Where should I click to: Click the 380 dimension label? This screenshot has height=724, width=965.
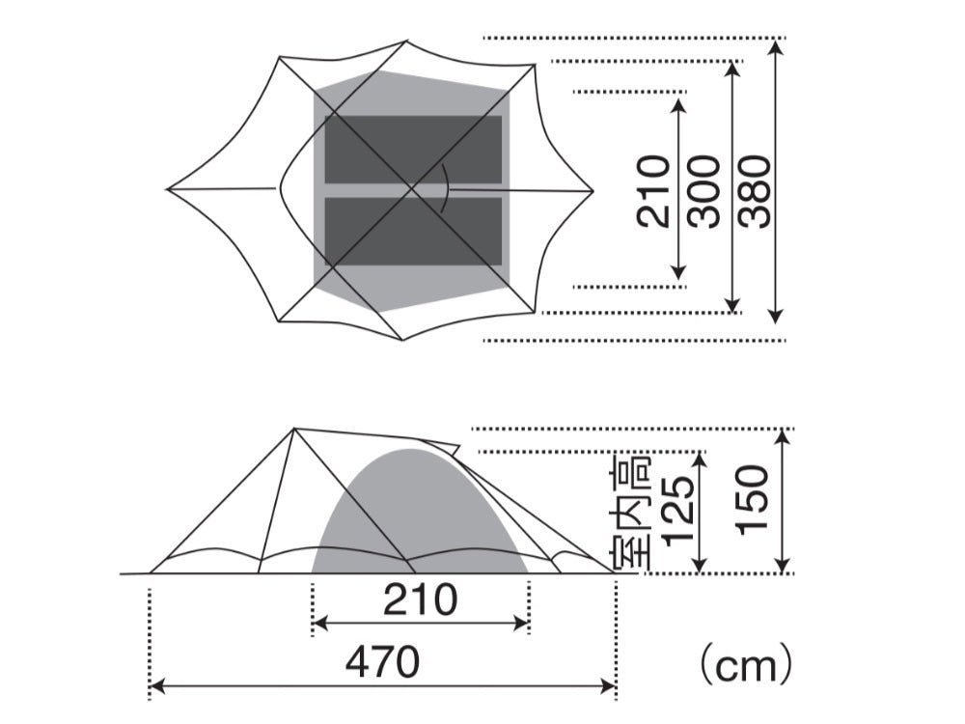point(756,192)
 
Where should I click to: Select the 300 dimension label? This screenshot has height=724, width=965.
point(704,192)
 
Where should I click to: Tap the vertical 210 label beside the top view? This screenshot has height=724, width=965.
point(653,192)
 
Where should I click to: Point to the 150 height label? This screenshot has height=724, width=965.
point(753,500)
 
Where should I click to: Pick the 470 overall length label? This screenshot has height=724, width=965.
point(383,662)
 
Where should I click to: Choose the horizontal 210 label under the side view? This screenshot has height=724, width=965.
point(421,599)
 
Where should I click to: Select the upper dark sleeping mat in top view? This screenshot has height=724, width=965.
point(413,150)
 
